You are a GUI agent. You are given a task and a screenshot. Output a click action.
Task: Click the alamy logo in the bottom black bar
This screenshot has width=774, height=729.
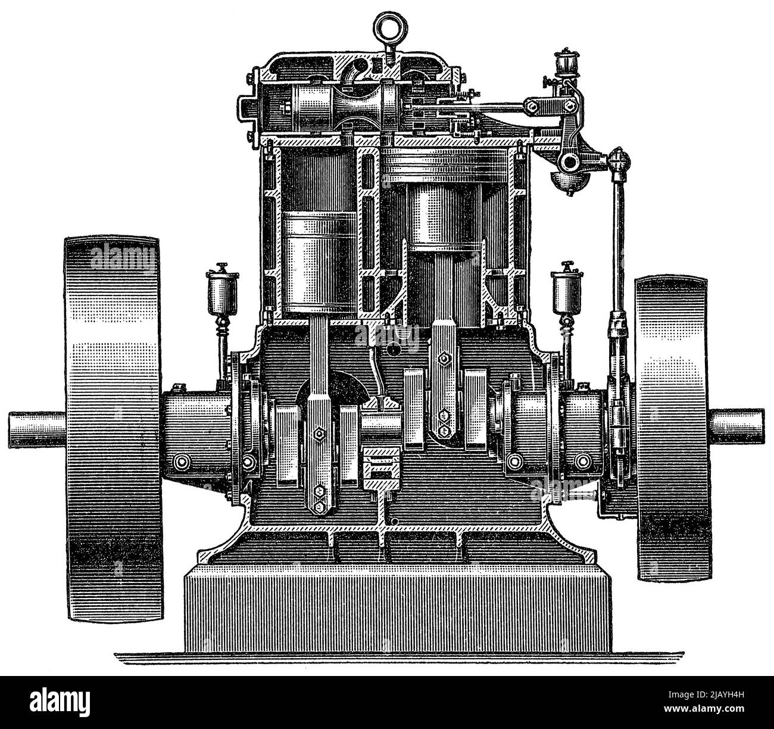point(54,703)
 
